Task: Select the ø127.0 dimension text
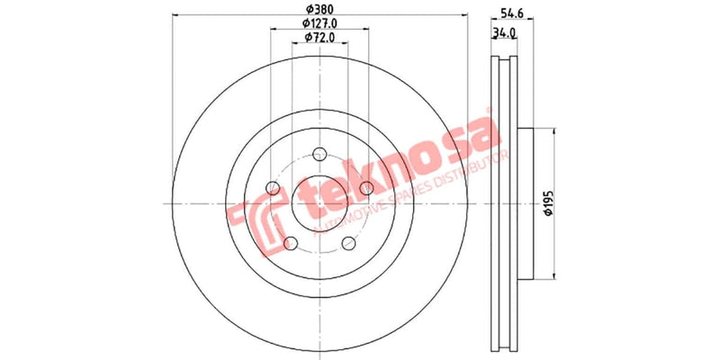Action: (x=319, y=22)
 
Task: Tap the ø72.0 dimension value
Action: (x=319, y=37)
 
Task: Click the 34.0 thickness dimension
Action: (x=503, y=34)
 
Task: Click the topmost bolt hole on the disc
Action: (x=319, y=152)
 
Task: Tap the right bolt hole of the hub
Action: (x=365, y=188)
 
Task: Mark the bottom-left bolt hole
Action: (x=290, y=243)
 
